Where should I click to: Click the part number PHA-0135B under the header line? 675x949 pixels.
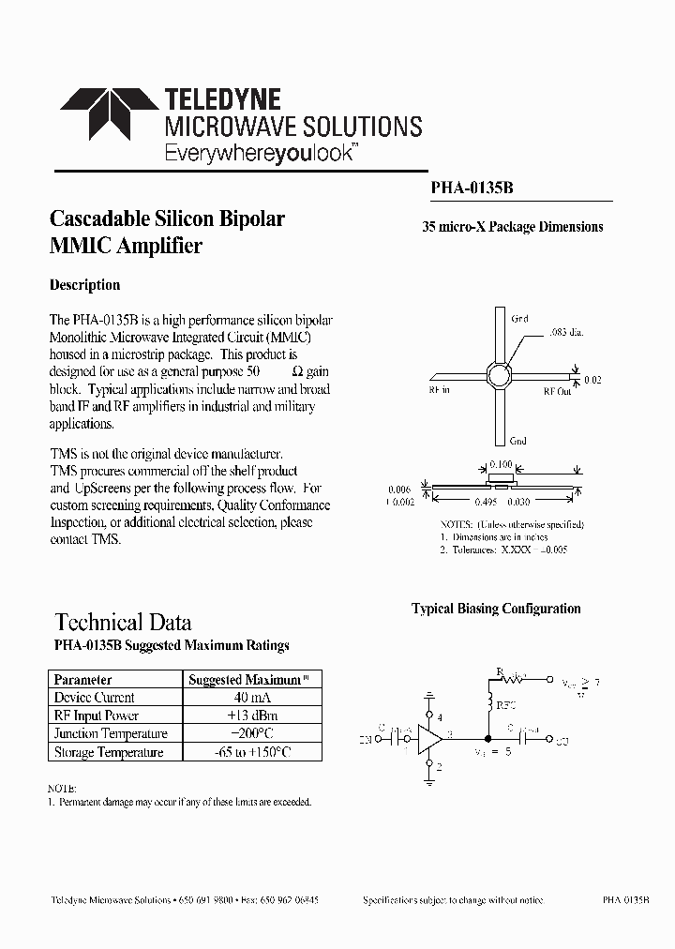coord(472,188)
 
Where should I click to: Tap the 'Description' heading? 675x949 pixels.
coord(84,285)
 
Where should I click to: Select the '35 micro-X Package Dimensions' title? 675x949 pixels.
coord(512,227)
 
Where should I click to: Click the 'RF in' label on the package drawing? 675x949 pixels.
coord(440,390)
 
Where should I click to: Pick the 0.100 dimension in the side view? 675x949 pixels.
coord(502,465)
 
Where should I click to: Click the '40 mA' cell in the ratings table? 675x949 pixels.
coord(248,698)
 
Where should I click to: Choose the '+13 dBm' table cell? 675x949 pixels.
coord(248,716)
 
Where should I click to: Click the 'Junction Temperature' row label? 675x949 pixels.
coord(111,734)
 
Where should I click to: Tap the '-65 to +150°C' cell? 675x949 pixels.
coord(248,752)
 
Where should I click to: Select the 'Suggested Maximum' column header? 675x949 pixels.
coord(246,680)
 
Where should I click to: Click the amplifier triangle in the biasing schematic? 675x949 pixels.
coord(431,737)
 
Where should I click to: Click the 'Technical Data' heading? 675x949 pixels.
coord(123,622)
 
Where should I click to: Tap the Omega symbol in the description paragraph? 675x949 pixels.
coord(297,372)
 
